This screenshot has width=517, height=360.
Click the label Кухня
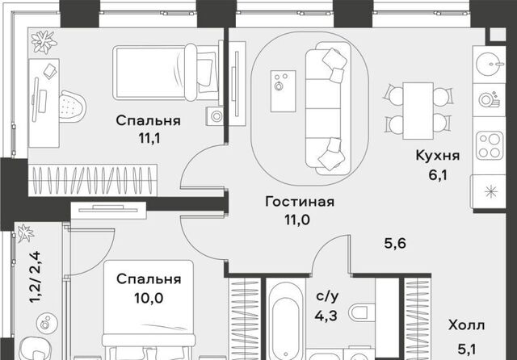coord(437,155)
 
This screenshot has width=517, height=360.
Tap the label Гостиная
coord(300,202)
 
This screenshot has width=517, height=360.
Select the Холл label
coord(466,325)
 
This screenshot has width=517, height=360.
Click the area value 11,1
coord(149,138)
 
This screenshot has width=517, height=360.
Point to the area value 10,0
coord(149,298)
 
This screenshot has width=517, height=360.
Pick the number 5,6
coord(395,244)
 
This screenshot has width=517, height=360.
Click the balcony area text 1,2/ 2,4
coord(35,277)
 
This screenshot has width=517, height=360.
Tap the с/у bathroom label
coord(326,297)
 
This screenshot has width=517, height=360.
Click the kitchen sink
coord(489,64)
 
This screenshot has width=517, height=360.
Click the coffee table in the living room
coord(284,91)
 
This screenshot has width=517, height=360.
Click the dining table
coord(418,111)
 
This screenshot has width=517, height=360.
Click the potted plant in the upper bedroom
coord(44,42)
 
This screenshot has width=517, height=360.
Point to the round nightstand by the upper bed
coord(216,116)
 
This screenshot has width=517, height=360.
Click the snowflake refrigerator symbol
coord(490,191)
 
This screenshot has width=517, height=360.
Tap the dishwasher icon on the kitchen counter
coord(489,99)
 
